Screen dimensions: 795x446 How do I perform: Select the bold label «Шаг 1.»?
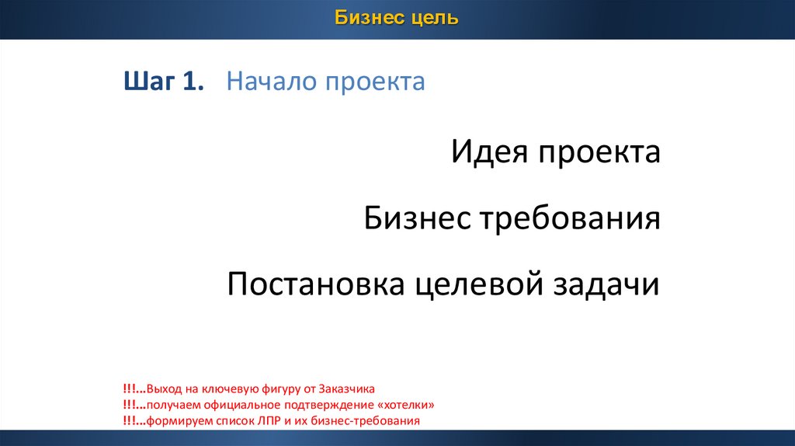[x=164, y=81]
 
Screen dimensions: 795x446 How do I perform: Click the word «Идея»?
[x=489, y=152]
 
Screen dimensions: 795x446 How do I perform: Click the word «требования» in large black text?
[x=570, y=220]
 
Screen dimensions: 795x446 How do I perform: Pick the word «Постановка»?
[x=315, y=284]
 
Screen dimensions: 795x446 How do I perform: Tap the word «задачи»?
[x=606, y=284]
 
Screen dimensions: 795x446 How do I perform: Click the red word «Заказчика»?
[x=346, y=389]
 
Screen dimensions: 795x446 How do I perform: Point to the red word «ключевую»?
[x=231, y=389]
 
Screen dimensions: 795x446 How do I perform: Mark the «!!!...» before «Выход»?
[x=134, y=389]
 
